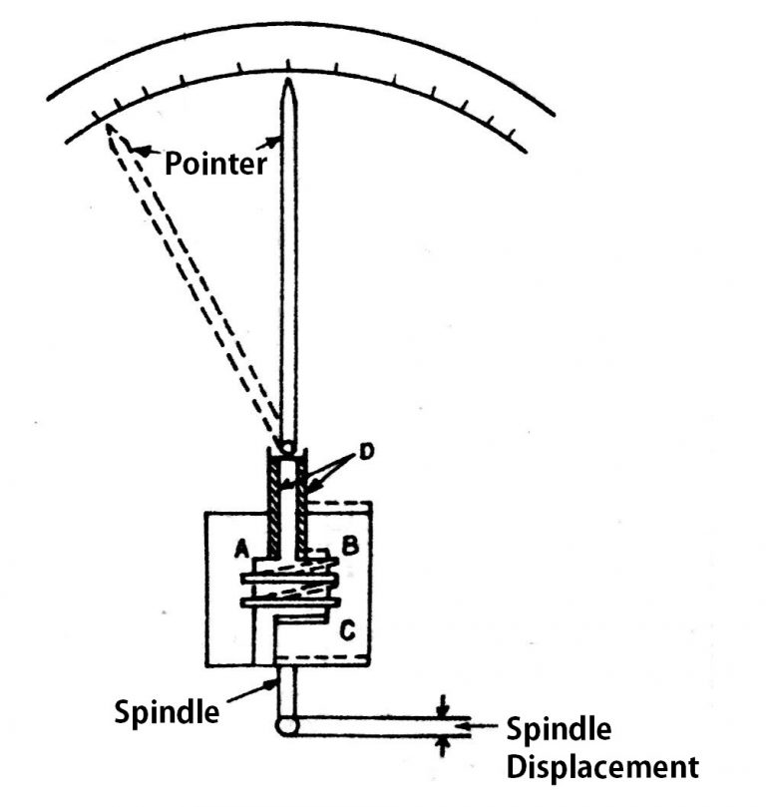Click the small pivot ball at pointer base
[287, 446]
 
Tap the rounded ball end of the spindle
[286, 727]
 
